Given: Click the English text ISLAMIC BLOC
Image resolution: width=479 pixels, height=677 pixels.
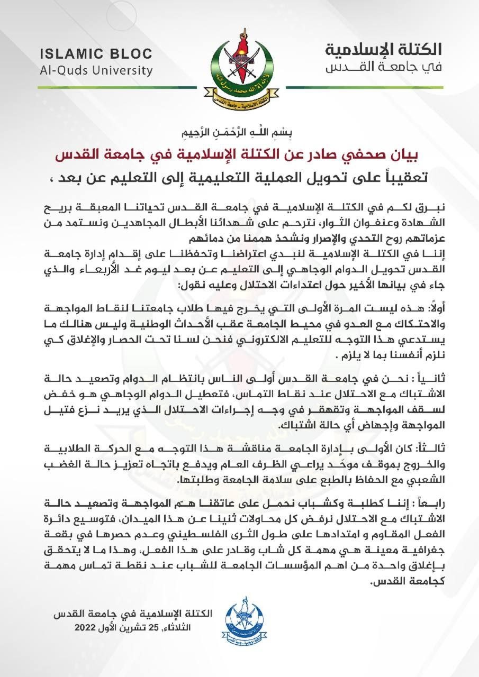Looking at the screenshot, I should pos(95,54).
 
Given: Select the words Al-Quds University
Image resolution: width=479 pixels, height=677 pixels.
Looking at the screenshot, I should pos(95,70).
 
